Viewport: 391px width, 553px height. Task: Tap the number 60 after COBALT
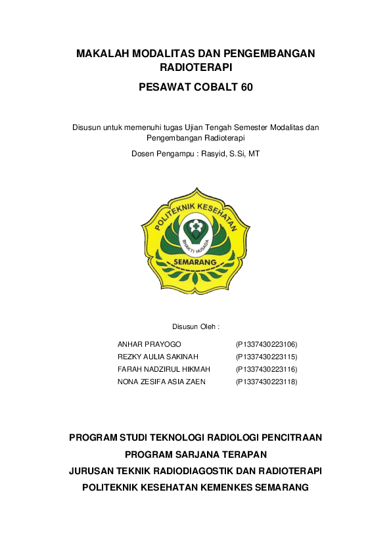pos(244,87)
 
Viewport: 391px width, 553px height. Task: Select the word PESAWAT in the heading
pos(164,87)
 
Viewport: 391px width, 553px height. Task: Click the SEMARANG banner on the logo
pos(195,262)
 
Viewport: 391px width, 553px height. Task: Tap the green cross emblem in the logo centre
pos(195,229)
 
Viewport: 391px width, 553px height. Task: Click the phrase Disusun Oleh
pos(195,326)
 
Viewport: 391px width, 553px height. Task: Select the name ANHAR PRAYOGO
pos(149,344)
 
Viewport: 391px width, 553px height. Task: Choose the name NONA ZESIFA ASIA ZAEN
pos(161,382)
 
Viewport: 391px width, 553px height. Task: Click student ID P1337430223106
pos(267,344)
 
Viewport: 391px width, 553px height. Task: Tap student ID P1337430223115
pos(267,357)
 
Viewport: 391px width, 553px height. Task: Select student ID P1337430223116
pos(267,369)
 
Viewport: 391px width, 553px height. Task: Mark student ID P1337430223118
pos(267,382)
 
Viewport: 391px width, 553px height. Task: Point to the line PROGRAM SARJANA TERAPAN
pos(195,454)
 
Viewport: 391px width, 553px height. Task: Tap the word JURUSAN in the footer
pos(91,471)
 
